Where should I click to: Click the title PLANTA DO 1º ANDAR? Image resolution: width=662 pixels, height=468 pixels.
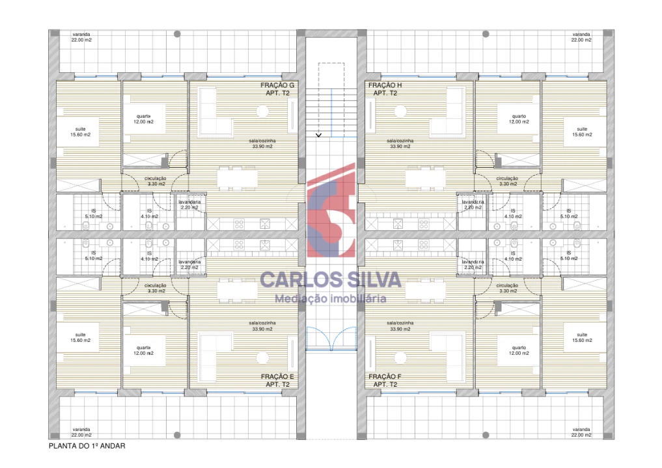coord(87,446)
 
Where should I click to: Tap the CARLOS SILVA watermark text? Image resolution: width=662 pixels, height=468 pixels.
coord(331,279)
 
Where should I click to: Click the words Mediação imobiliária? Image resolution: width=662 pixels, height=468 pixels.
coord(331,299)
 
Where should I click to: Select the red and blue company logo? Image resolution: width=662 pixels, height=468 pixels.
coord(331,211)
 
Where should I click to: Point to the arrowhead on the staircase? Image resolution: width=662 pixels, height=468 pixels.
coord(318,135)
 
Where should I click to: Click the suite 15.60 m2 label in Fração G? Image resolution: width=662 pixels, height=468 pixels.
coord(81,132)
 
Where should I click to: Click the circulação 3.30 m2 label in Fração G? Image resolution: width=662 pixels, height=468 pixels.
coord(156,181)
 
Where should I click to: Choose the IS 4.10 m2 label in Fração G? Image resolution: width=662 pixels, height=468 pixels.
coord(149,214)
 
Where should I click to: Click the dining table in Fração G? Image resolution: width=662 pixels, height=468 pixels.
coord(237,177)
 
